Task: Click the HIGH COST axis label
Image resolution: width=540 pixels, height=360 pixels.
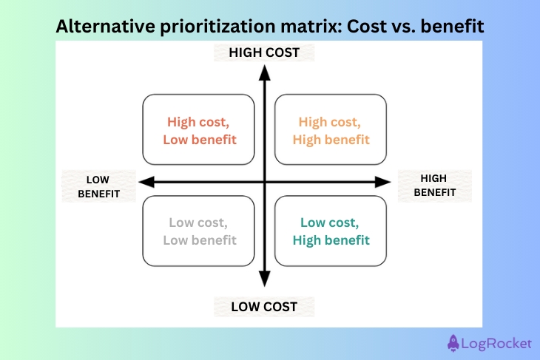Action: pyautogui.click(x=264, y=52)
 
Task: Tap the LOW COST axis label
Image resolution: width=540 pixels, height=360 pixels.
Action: pyautogui.click(x=264, y=307)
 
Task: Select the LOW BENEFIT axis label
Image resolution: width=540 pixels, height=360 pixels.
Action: pyautogui.click(x=98, y=186)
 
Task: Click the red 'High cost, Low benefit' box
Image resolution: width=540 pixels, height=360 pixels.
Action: pyautogui.click(x=202, y=129)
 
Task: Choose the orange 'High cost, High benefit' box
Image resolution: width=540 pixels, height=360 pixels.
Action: pyautogui.click(x=331, y=129)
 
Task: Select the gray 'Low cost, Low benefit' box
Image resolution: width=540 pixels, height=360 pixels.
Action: pyautogui.click(x=202, y=231)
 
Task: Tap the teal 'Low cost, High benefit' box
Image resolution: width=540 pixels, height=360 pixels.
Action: pyautogui.click(x=331, y=231)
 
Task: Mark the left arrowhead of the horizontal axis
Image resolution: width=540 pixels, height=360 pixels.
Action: pyautogui.click(x=144, y=181)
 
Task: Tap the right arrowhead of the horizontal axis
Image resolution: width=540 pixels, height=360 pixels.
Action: pyautogui.click(x=384, y=181)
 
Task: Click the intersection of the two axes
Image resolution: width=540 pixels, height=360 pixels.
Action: pyautogui.click(x=264, y=181)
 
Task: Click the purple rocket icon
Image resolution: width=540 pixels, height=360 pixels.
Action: pyautogui.click(x=454, y=342)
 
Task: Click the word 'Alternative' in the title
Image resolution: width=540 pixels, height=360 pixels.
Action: pyautogui.click(x=100, y=27)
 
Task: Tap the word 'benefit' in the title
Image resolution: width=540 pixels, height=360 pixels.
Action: pyautogui.click(x=453, y=27)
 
